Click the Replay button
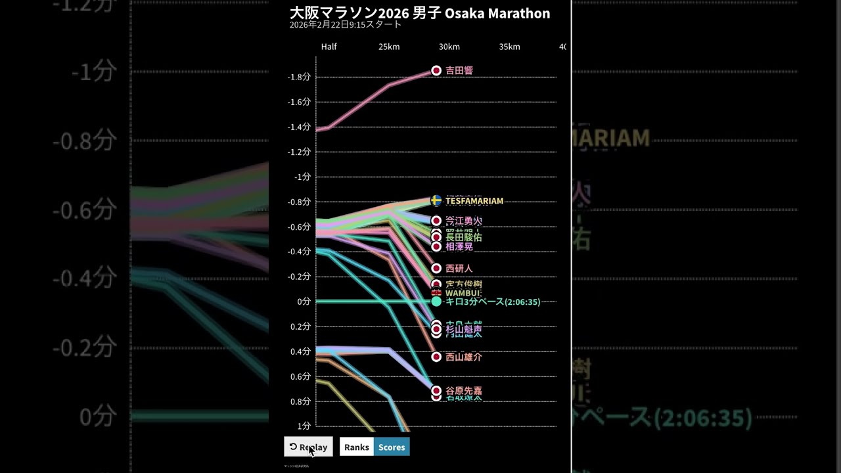coord(308,447)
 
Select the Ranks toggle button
coord(356,447)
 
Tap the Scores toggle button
coord(392,447)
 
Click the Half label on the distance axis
coord(329,47)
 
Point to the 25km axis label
coord(389,47)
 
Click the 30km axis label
coord(449,47)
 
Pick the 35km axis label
coord(509,47)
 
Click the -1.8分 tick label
coord(299,77)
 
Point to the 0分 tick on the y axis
coord(304,302)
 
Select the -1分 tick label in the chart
coord(302,177)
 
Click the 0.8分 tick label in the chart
coord(300,401)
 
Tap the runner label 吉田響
coord(459,70)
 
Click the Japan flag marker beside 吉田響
coord(436,70)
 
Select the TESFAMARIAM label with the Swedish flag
coord(474,201)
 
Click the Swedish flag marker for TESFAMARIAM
coord(436,201)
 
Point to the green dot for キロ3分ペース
coord(436,302)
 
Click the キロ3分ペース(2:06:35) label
coord(493,302)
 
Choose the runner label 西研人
coord(459,269)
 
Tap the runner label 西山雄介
coord(464,357)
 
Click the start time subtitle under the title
coord(345,25)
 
